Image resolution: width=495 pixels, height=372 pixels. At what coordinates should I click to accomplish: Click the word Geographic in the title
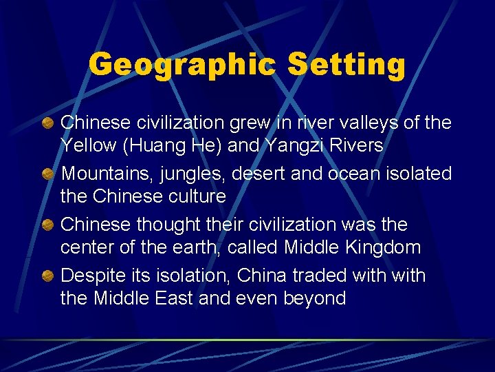tap(182, 64)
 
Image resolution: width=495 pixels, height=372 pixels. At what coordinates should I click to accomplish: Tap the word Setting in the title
tap(346, 64)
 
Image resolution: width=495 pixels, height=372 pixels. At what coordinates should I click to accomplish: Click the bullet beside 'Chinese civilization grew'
tap(49, 123)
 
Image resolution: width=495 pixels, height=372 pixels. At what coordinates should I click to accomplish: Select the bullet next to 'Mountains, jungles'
tap(49, 174)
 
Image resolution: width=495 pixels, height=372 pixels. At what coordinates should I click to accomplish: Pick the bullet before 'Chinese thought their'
tap(49, 225)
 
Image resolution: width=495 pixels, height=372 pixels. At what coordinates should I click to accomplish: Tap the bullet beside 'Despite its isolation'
tap(49, 276)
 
